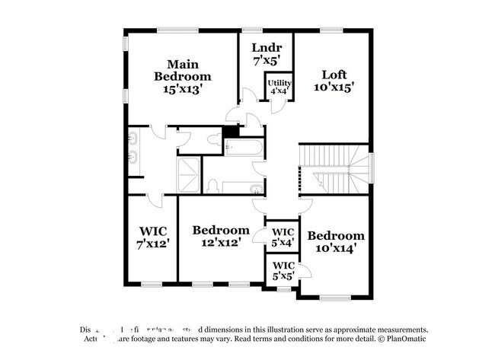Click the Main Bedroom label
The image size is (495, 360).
click(183, 70)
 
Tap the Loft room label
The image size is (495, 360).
click(334, 75)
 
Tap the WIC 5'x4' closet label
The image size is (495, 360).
click(283, 231)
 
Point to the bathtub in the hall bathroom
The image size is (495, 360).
click(244, 147)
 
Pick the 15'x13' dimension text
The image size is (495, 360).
click(183, 89)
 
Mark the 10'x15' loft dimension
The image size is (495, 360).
click(334, 87)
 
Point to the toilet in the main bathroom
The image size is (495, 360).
click(212, 185)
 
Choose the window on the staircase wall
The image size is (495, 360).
click(373, 166)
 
